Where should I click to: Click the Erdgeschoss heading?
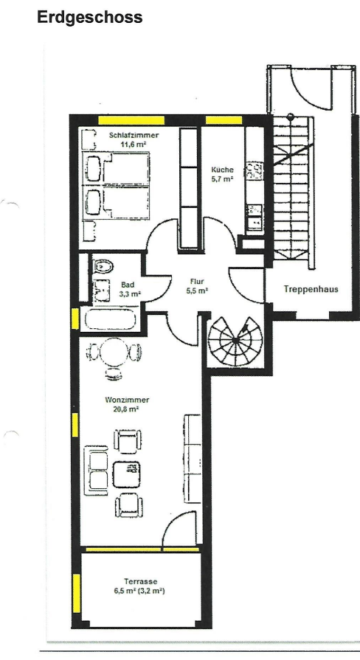click(x=89, y=17)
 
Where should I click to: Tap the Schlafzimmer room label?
click(x=134, y=136)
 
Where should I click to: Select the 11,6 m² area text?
click(x=134, y=145)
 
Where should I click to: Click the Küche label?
click(x=222, y=169)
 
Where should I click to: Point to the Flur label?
click(x=196, y=281)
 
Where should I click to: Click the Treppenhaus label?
click(x=311, y=289)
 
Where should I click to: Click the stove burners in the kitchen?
click(x=254, y=171)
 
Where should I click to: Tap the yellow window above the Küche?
click(x=224, y=119)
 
